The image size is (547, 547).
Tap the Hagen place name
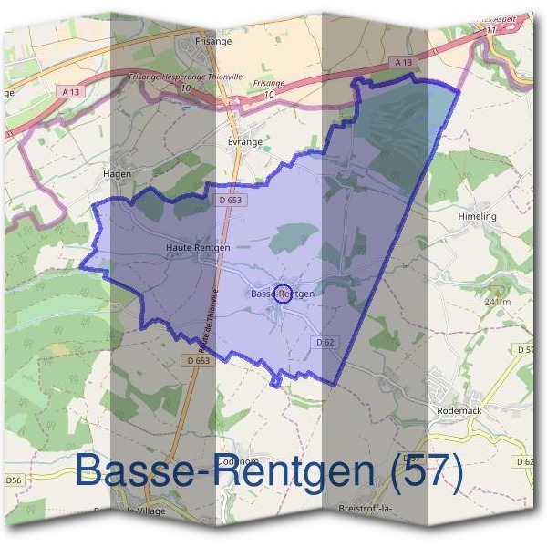pos(119,173)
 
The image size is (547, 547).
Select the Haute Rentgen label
pos(197,247)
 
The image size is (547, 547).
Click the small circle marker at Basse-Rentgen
pos(282,294)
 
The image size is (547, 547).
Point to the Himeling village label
pos(477,216)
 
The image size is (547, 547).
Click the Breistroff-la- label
pos(365,507)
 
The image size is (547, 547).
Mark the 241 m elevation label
pos(498,301)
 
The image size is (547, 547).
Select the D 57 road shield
pos(526,350)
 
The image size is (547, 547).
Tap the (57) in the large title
pos(420,470)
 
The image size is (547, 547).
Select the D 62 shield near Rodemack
pos(526,461)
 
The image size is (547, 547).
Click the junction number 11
pos(490,29)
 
